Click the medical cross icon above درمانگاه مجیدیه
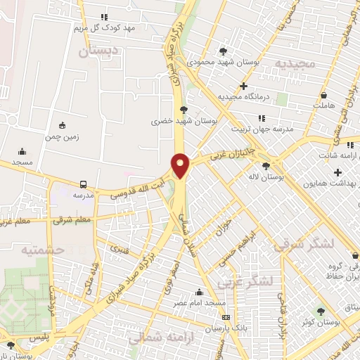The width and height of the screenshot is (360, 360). (244, 86)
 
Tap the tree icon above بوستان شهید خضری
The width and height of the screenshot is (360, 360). (184, 110)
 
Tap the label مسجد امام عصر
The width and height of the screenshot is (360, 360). (200, 303)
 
